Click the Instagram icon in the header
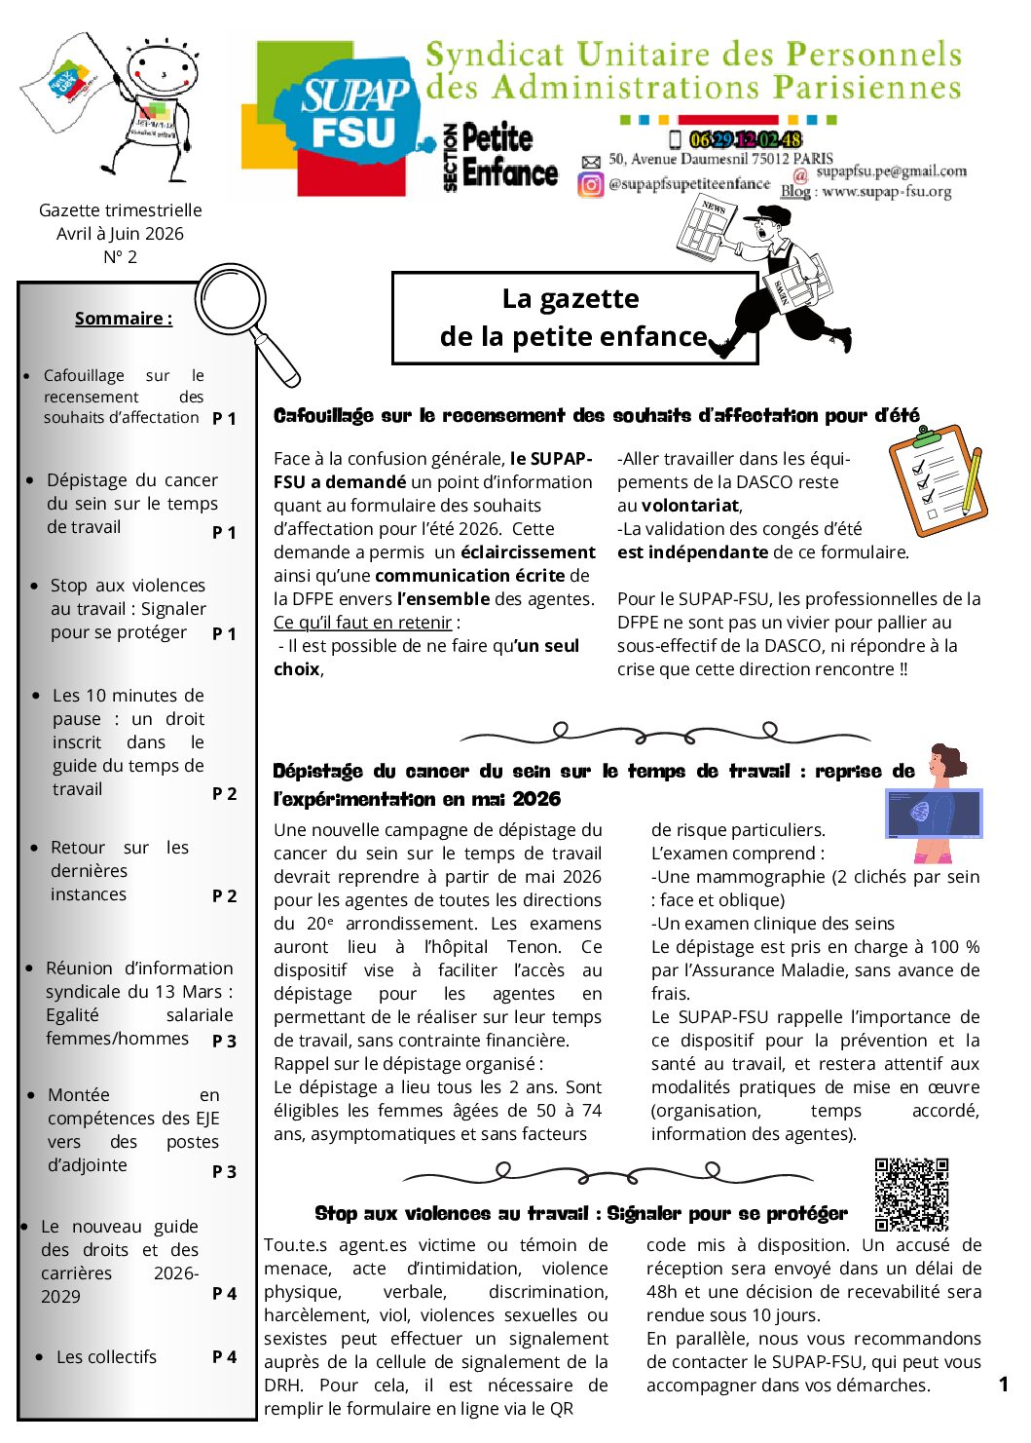591,184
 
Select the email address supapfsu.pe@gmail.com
891,171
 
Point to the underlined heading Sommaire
124,319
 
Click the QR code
911,1194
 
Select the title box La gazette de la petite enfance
573,318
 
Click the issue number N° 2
120,257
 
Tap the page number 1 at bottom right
1003,1385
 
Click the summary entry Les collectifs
106,1357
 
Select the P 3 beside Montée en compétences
224,1172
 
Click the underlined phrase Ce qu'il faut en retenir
363,623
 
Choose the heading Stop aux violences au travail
580,1214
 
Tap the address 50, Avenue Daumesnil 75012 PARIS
720,159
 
